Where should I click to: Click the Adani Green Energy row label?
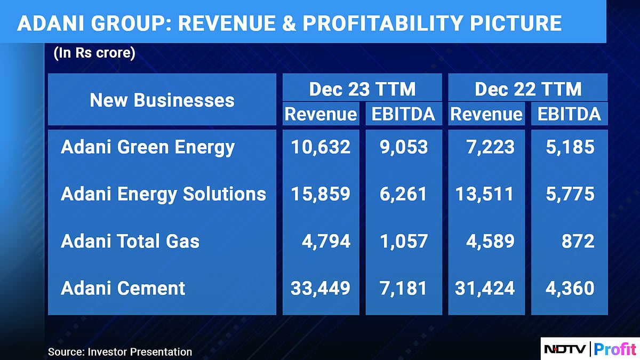pos(148,148)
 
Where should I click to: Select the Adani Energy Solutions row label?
pos(163,194)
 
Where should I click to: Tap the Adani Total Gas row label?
pos(130,242)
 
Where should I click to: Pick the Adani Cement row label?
pos(123,289)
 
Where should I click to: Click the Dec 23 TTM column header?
pos(362,89)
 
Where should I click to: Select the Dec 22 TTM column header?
pos(528,89)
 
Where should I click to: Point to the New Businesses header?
pos(162,100)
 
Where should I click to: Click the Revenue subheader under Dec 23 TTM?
pos(321,114)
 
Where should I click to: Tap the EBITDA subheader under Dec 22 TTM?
pos(569,114)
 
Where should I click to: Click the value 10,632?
pos(321,148)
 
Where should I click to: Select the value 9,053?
pos(404,148)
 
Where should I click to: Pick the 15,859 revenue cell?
pos(321,194)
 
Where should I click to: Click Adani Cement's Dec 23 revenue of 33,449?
pos(321,289)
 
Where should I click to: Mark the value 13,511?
pos(484,194)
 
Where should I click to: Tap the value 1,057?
pos(404,242)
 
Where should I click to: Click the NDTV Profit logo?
pos(590,349)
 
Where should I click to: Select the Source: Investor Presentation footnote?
pos(120,351)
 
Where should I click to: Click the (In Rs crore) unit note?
pos(94,54)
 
